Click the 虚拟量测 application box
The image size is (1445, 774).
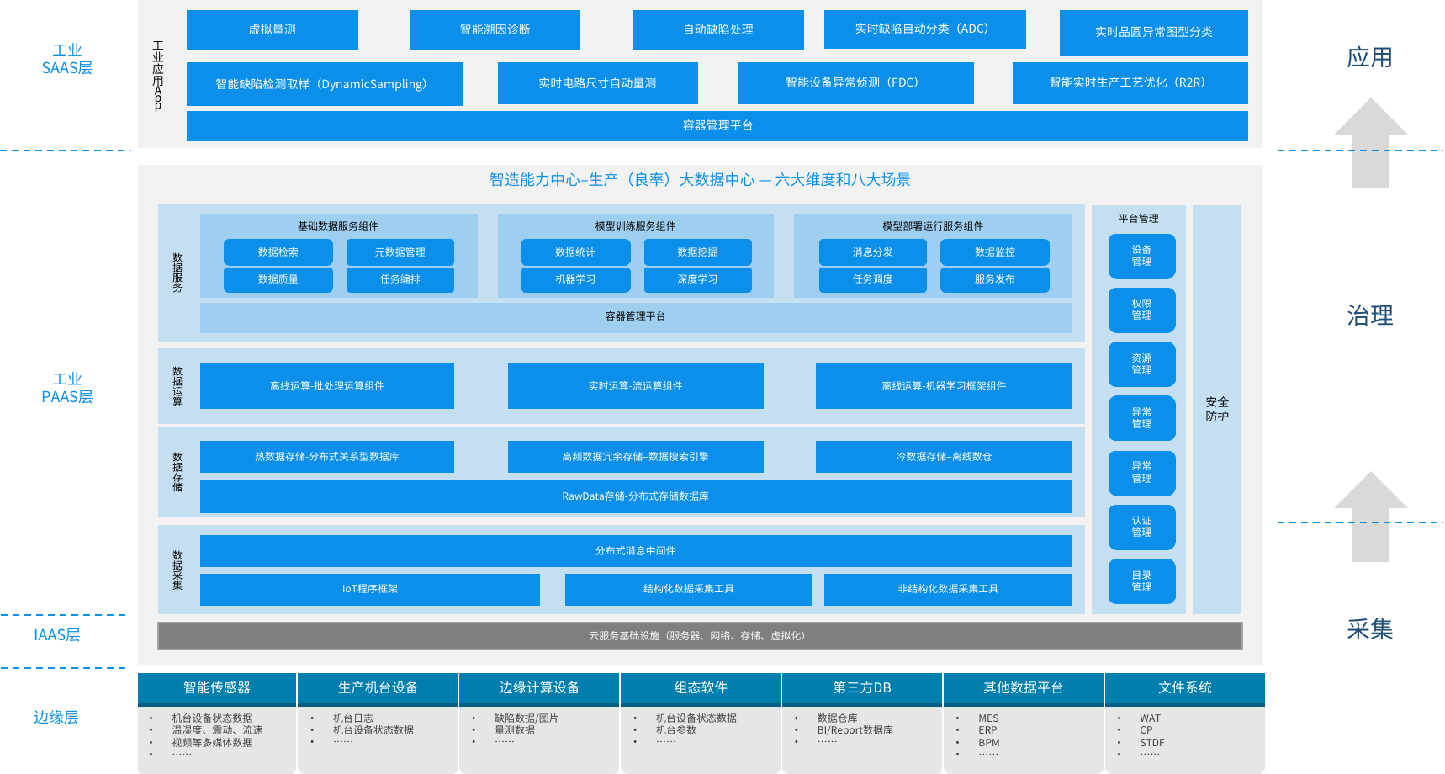click(x=273, y=29)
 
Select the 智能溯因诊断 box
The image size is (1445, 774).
click(x=495, y=29)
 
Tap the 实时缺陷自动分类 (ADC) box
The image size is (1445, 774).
click(x=925, y=29)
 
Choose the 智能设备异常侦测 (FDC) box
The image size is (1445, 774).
click(x=856, y=82)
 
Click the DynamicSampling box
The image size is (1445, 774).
click(x=325, y=83)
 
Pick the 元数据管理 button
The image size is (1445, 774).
click(x=400, y=252)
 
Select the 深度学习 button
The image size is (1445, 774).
click(x=698, y=279)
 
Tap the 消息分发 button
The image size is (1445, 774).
click(x=873, y=252)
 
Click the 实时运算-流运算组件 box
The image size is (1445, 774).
click(x=636, y=386)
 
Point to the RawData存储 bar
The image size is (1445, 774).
click(x=636, y=496)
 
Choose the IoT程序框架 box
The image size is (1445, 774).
click(x=370, y=589)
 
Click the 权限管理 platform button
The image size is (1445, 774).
click(x=1142, y=310)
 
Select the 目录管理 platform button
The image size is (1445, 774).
click(x=1142, y=581)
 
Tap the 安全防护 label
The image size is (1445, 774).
click(x=1217, y=409)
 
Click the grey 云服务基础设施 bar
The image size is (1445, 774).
click(x=700, y=636)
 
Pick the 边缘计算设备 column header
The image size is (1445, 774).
click(x=539, y=688)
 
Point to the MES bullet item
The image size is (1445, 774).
click(x=988, y=718)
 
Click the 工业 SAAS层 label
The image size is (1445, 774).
click(x=67, y=59)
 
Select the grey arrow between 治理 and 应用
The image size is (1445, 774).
click(x=1371, y=143)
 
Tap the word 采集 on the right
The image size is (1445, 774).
click(x=1370, y=629)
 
